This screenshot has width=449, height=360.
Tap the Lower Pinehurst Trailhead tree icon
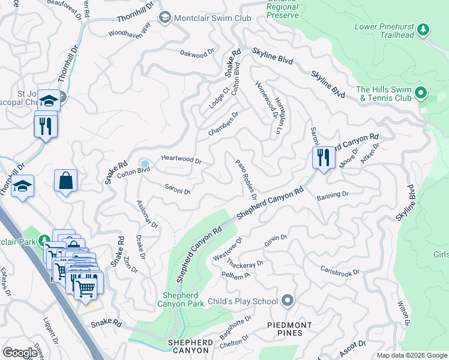[423, 29]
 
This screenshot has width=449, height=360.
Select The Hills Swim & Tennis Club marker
[421, 93]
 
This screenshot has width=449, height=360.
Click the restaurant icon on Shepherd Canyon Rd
[323, 158]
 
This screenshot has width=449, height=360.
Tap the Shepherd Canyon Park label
[184, 301]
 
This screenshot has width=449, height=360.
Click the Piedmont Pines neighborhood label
[290, 330]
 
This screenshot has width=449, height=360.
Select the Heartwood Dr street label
[181, 160]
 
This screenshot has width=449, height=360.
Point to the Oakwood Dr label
[197, 53]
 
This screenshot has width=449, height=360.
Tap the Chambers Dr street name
[223, 123]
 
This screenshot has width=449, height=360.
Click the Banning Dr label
[333, 195]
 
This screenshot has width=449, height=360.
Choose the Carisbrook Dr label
[340, 271]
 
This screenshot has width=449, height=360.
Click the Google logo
[20, 353]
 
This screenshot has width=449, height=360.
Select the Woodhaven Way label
[129, 29]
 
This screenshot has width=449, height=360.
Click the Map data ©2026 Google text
[411, 355]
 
